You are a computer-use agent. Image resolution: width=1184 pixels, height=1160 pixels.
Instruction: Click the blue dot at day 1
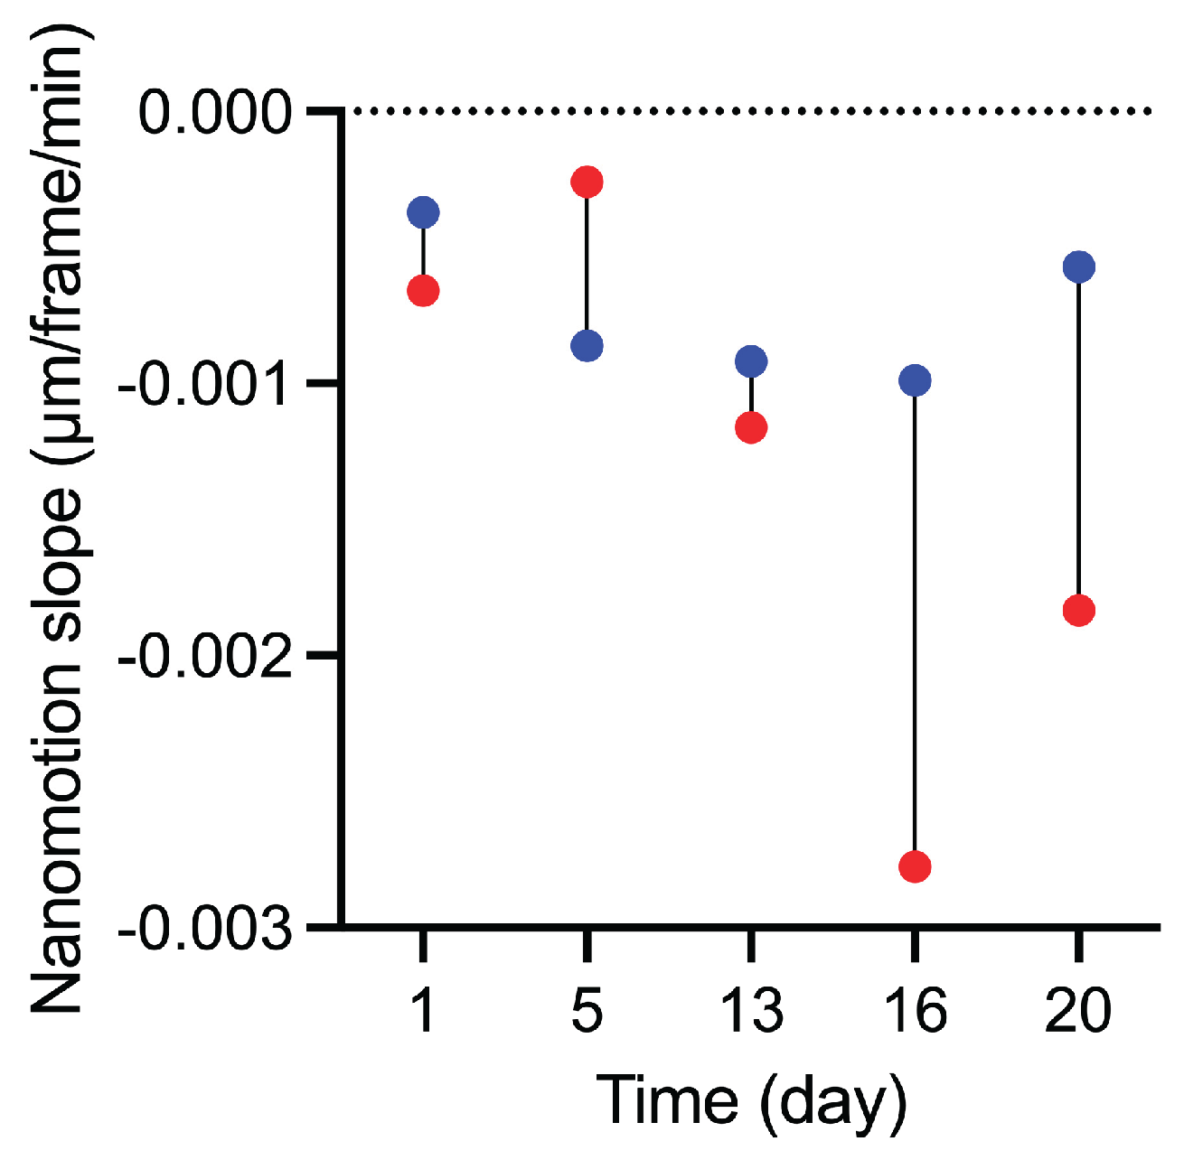423,212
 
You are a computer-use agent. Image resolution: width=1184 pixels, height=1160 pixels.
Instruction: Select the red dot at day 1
423,291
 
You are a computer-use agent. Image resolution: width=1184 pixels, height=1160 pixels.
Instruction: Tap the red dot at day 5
587,182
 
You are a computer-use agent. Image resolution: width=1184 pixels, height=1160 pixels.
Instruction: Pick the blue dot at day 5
587,345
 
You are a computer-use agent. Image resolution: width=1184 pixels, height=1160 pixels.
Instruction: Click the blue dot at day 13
751,361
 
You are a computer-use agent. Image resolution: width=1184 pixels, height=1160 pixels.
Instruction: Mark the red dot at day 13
751,427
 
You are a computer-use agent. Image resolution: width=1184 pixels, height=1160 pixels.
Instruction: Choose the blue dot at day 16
915,380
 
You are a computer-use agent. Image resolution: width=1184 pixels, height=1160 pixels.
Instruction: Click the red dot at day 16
915,867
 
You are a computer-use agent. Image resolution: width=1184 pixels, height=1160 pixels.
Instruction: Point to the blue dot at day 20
1079,267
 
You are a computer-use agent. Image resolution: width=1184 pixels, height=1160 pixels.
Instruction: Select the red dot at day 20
1079,611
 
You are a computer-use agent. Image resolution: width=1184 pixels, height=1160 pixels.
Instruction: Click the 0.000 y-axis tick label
216,113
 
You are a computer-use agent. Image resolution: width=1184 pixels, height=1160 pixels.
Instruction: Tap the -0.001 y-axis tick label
206,385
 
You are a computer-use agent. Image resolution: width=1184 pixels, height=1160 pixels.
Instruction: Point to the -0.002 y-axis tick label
206,657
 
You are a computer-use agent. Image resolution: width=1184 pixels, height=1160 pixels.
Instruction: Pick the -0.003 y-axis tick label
206,928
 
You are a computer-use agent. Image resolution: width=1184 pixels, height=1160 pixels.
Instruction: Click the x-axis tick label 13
751,1009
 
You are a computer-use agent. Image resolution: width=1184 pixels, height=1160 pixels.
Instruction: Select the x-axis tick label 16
915,1009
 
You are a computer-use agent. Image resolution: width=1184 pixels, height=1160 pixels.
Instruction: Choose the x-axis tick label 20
1078,1009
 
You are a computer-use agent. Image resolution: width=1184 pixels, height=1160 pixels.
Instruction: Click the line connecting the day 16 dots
915,623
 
